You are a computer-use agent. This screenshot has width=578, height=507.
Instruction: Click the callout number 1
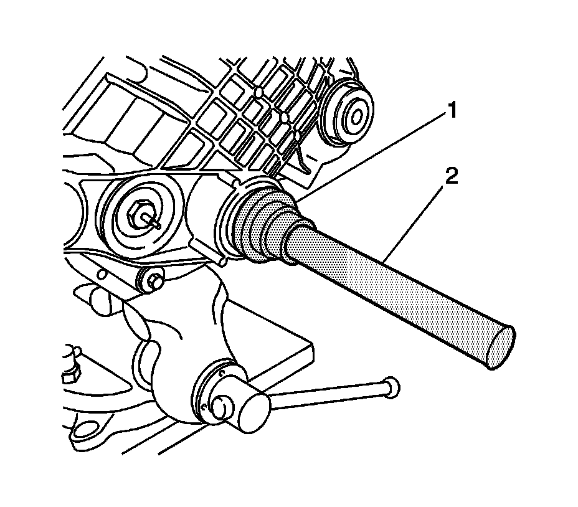click(452, 111)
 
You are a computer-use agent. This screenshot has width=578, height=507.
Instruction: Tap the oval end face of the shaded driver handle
click(500, 347)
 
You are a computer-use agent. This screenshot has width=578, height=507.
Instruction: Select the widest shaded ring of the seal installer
click(254, 225)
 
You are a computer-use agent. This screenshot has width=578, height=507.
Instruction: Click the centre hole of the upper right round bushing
click(357, 118)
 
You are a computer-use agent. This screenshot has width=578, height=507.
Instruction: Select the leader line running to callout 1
click(372, 156)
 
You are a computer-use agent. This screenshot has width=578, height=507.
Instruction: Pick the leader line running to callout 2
click(414, 221)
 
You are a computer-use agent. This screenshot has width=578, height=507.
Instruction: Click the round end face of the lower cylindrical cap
click(254, 412)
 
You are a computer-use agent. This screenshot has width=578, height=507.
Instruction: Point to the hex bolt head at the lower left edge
click(70, 376)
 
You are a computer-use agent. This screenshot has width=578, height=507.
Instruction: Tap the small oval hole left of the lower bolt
click(103, 274)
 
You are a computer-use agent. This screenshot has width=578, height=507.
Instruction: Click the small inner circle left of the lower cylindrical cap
click(222, 407)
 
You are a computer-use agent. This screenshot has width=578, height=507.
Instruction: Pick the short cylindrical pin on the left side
click(99, 300)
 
